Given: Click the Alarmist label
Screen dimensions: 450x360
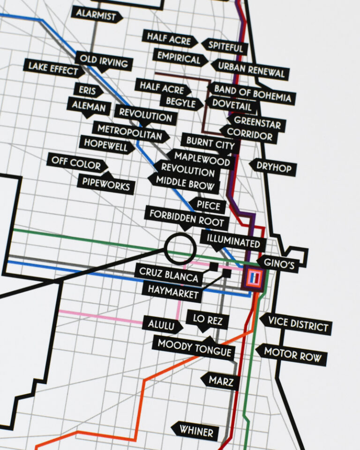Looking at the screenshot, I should (x=96, y=15).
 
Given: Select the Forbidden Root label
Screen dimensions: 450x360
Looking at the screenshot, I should (x=187, y=218).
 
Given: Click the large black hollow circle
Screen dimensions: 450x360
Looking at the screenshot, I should (x=180, y=248).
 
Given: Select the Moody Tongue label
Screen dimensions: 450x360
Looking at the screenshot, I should (x=194, y=347).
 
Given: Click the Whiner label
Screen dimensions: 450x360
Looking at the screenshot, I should (x=195, y=430).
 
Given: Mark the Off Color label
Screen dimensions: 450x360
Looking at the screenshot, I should (x=76, y=163).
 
